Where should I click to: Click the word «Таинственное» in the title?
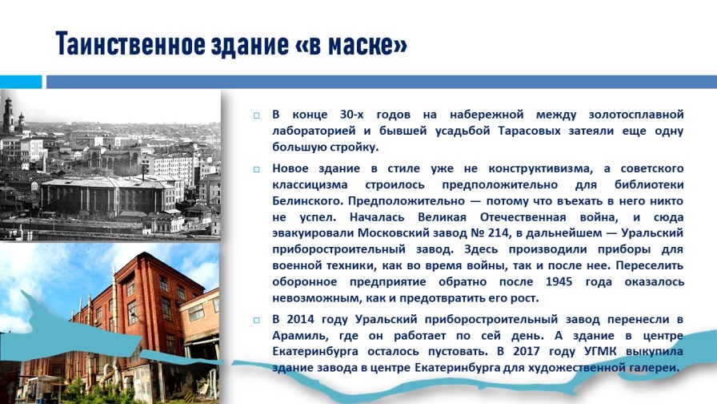(x=130, y=44)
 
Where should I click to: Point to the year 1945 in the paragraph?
(x=559, y=281)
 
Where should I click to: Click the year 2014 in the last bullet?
(x=301, y=319)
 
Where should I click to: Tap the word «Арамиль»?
(x=300, y=336)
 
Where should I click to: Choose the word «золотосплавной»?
(x=636, y=115)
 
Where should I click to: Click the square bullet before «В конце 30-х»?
(x=257, y=115)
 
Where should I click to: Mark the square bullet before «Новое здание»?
(x=257, y=169)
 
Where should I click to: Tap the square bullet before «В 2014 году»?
(x=257, y=320)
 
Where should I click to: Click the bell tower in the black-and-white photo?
(x=8, y=115)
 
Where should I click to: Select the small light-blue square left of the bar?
(x=21, y=82)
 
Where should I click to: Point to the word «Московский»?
(x=391, y=232)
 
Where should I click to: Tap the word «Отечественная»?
(x=523, y=217)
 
